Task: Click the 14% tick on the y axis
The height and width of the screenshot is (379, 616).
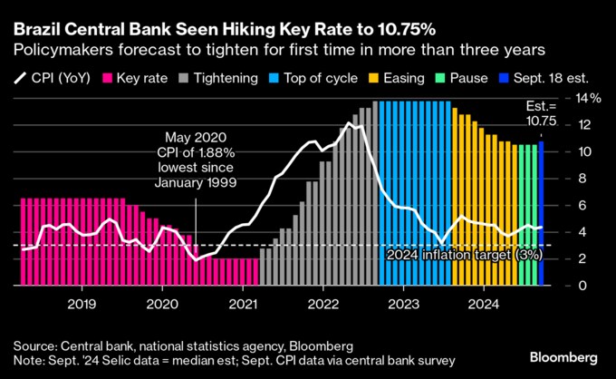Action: tap(589, 97)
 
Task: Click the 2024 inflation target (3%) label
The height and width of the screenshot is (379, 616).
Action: tap(464, 255)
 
